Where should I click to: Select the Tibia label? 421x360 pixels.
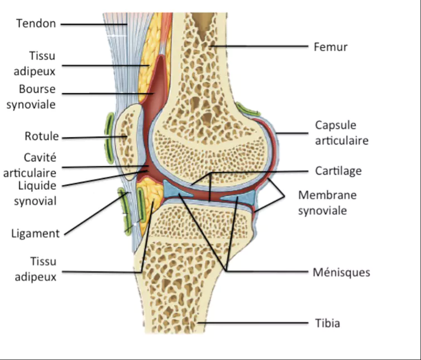click(327, 323)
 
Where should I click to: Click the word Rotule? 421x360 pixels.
click(41, 136)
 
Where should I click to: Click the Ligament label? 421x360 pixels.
click(35, 233)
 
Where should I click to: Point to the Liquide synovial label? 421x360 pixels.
click(35, 193)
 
